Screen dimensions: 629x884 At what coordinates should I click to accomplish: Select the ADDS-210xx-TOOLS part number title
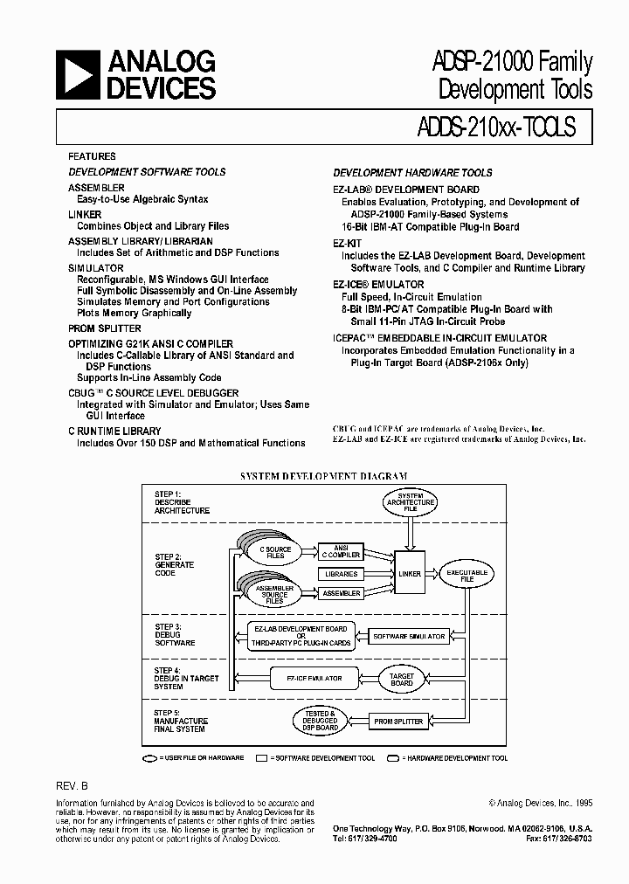coord(491,127)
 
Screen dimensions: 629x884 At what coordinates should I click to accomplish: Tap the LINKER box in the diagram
coord(409,574)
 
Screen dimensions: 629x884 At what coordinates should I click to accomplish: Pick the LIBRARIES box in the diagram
coord(341,574)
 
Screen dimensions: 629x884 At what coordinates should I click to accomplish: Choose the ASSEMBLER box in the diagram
coord(341,594)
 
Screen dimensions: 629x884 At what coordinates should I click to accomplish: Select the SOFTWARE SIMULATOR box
coord(409,636)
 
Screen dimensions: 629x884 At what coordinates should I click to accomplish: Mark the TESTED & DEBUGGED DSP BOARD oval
coord(321,721)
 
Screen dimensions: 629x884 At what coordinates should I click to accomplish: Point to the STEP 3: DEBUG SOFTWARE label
coord(175,635)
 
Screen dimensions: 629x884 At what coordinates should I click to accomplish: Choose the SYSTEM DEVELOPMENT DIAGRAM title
coord(324,476)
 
